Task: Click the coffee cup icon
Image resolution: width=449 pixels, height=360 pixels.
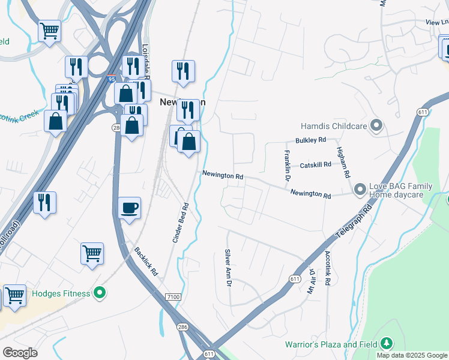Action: pos(129,208)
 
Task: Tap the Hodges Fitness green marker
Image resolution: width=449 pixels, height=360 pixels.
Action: pos(100,293)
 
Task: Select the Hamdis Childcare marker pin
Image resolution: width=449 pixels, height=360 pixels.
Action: pos(376,126)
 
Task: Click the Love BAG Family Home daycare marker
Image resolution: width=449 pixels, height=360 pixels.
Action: pos(360,190)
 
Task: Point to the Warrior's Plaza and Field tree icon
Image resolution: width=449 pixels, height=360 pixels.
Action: pos(387,344)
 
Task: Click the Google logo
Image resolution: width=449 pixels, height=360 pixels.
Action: pos(20,353)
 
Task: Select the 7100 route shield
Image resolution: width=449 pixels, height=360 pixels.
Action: pos(173,297)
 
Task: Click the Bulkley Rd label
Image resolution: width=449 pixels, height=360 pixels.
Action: pos(310,140)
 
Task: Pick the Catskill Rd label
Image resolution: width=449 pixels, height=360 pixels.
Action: pos(315,164)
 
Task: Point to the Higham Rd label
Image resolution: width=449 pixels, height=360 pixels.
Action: pos(343,162)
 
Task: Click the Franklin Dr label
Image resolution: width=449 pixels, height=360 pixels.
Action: pos(286,167)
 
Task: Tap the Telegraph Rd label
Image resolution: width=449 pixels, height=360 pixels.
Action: pos(359,223)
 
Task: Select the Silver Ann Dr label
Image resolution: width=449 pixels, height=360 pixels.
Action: pos(228,268)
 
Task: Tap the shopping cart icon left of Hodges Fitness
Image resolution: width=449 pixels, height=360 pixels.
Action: pos(14,295)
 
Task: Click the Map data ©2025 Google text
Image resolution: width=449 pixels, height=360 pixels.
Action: pos(412,355)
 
